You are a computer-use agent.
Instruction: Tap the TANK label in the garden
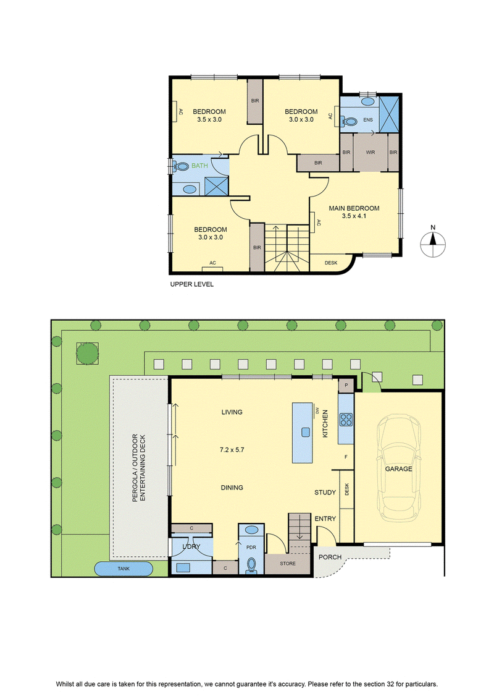pos(124,569)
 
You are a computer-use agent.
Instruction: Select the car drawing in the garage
pos(399,468)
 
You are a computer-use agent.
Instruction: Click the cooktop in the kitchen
pos(346,420)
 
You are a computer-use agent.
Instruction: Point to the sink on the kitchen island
pos(306,432)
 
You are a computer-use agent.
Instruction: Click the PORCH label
pos(330,557)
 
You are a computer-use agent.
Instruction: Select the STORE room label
pos(288,564)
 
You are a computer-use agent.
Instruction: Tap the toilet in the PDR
pos(251,566)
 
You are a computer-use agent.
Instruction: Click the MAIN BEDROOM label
pos(354,208)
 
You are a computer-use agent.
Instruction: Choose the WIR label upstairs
pos(370,152)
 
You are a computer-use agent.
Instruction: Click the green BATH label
pos(199,166)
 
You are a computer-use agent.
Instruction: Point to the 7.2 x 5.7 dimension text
pos(232,450)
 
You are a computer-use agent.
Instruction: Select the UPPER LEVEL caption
pos(191,284)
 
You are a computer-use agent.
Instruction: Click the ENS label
pos(368,120)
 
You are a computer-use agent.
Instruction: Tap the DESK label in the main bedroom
pos(331,263)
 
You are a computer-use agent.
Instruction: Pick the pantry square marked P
pos(346,385)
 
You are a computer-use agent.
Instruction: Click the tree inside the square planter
pos(87,354)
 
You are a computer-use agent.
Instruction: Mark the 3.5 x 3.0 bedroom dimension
pos(209,119)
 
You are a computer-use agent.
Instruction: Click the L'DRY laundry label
pos(191,546)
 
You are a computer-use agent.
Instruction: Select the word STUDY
pos(325,492)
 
